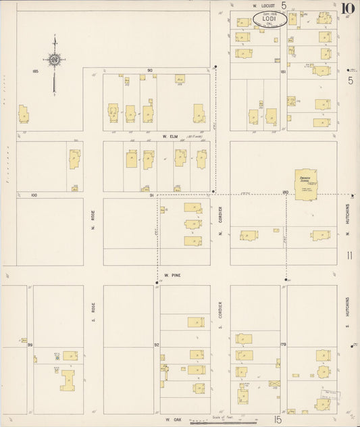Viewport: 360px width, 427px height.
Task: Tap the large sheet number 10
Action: pos(348,9)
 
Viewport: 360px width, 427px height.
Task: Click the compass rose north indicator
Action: pos(55,60)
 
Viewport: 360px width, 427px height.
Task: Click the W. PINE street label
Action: pos(173,276)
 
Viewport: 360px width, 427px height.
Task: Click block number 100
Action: pos(34,195)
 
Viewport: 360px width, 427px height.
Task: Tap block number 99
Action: pos(30,345)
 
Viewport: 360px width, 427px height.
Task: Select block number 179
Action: pos(284,345)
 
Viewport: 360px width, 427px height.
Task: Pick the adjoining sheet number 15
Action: pos(278,420)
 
